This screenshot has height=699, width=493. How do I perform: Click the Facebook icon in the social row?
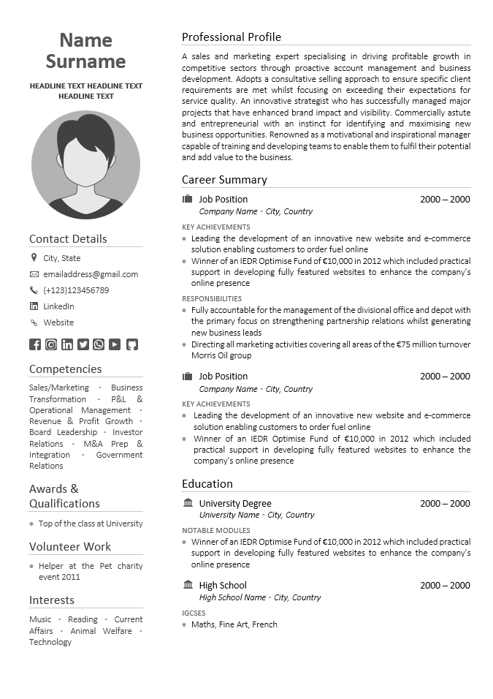[35, 344]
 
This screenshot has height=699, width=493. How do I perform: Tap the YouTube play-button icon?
[115, 344]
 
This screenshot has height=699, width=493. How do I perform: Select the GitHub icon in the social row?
[132, 344]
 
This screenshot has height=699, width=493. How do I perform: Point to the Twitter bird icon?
[83, 344]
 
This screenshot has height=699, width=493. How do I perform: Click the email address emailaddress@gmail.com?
[91, 274]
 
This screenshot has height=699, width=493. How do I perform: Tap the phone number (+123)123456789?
[76, 290]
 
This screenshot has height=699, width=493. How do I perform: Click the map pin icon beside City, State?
[34, 258]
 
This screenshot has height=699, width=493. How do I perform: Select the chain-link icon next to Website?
[34, 322]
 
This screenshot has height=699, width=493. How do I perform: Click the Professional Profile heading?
[232, 37]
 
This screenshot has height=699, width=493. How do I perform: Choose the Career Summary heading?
[224, 180]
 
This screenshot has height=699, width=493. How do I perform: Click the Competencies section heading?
[66, 369]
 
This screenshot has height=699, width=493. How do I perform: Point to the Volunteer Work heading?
[70, 547]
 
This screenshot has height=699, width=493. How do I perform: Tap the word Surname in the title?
[85, 61]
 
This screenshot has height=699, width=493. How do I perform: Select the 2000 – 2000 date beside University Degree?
[445, 503]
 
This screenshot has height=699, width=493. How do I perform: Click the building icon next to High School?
[188, 585]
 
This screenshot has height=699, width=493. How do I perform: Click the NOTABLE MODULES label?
[216, 530]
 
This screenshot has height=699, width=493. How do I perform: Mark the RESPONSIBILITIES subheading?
[212, 298]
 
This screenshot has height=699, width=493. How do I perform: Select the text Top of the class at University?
[91, 524]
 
